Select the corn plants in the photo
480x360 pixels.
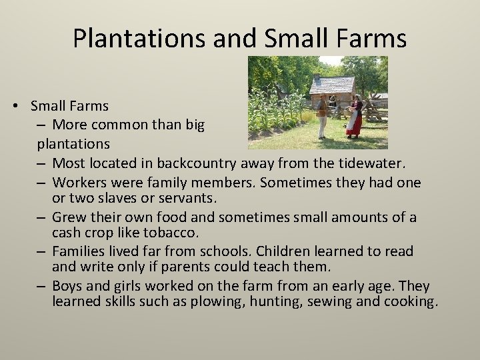(x=271, y=107)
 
